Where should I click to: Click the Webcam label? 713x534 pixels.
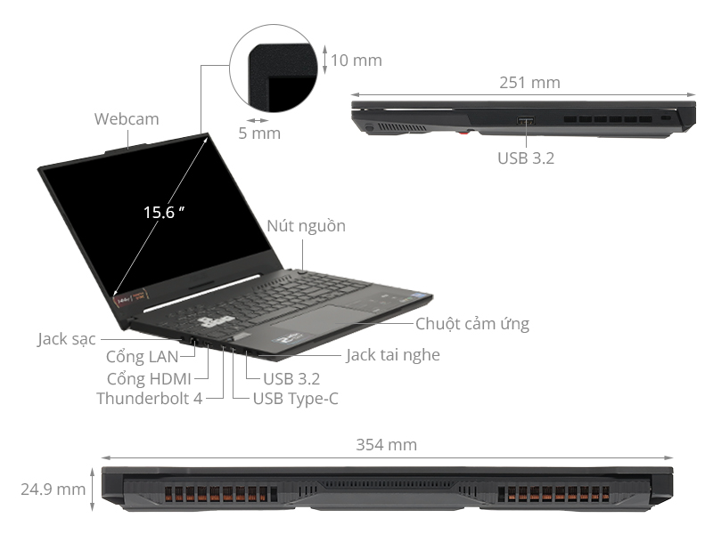click(127, 118)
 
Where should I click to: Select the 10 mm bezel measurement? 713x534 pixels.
click(356, 61)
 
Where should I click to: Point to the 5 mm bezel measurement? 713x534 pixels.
click(259, 133)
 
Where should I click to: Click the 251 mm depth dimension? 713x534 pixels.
click(529, 83)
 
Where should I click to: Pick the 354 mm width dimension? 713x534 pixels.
click(386, 445)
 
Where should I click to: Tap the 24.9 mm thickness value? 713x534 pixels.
click(53, 489)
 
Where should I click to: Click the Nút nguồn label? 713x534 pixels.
click(306, 226)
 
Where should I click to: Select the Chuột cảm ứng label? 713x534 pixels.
click(472, 324)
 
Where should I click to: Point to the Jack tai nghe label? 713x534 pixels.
click(393, 355)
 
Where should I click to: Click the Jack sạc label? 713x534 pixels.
click(67, 339)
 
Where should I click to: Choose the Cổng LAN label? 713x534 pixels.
click(142, 358)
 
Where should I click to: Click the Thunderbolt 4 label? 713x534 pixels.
click(149, 399)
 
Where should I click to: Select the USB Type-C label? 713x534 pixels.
click(295, 399)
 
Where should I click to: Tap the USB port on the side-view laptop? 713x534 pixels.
click(525, 120)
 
